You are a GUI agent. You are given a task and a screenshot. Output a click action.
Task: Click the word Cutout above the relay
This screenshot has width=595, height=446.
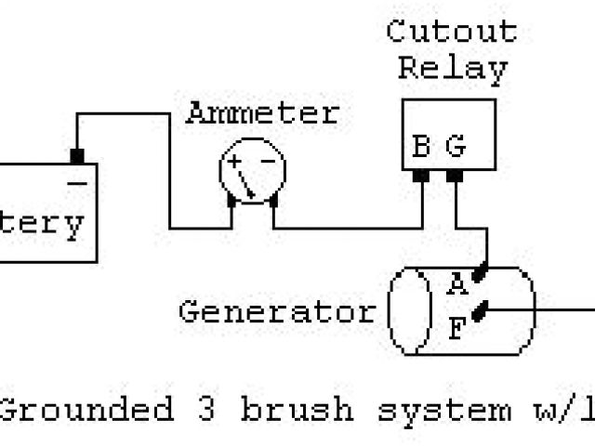pos(451,32)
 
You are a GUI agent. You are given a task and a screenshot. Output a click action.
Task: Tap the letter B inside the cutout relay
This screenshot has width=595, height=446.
pos(421,146)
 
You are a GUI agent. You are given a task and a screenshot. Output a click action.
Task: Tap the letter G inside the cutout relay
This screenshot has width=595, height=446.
pos(455,146)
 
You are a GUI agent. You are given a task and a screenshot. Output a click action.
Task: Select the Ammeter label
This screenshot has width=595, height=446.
pos(262,113)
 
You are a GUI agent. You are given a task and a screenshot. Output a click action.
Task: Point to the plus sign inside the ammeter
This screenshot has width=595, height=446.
pos(235,161)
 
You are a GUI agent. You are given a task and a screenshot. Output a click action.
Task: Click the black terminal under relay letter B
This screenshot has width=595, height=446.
pos(421,175)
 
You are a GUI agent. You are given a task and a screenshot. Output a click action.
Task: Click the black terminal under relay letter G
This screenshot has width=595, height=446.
pos(455,175)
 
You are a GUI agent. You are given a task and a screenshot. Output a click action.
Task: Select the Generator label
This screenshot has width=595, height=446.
pos(277,310)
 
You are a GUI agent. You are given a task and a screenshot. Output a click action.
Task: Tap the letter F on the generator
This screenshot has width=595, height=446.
pos(456,326)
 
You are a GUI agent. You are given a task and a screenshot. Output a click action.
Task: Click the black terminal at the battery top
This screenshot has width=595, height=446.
pos(77,154)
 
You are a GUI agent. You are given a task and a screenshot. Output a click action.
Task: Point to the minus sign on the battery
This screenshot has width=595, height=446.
pos(77,183)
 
